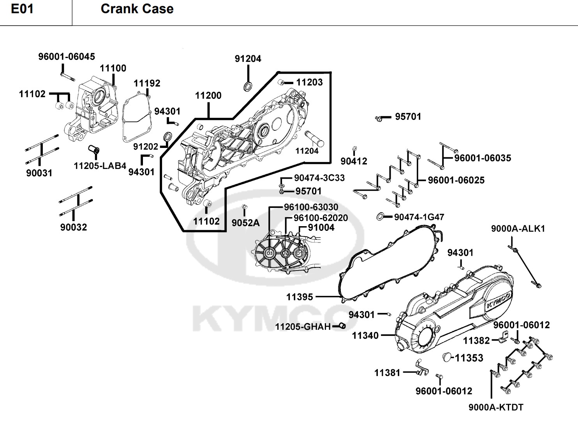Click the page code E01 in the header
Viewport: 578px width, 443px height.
(x=22, y=9)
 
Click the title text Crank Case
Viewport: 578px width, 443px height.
(x=137, y=9)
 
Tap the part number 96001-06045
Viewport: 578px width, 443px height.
(x=67, y=57)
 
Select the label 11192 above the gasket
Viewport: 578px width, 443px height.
(x=147, y=83)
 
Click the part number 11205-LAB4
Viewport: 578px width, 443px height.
(x=100, y=166)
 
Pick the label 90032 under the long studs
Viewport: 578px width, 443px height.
(x=74, y=227)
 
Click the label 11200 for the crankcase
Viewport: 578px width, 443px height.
(x=208, y=96)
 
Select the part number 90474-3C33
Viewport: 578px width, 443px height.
(x=319, y=178)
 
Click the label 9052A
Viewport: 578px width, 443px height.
(x=245, y=222)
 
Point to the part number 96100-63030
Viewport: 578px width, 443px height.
(x=311, y=207)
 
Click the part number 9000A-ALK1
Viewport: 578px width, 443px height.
(x=518, y=229)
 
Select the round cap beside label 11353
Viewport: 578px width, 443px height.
(x=447, y=357)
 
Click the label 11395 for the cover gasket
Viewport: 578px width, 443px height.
(x=300, y=297)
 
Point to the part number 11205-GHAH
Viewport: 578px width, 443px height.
(x=303, y=327)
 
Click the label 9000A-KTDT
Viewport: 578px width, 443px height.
(x=496, y=407)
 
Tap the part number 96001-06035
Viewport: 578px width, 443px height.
(x=483, y=158)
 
